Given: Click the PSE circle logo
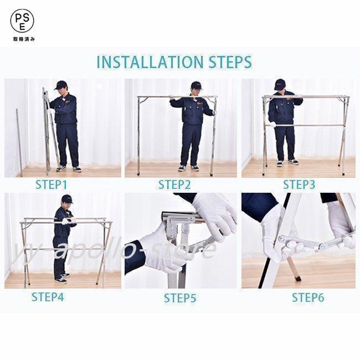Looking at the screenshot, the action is [x=22, y=20].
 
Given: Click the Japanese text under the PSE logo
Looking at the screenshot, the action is [x=24, y=39].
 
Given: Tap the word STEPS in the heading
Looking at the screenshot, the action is [x=230, y=62].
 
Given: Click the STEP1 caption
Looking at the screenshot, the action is [x=51, y=185].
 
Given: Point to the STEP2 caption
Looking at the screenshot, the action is [x=174, y=185].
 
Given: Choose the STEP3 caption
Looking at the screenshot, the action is [x=299, y=185].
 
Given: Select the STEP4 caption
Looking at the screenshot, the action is [x=48, y=297].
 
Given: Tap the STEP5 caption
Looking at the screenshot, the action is [x=180, y=298].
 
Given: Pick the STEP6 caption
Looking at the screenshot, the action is [x=308, y=297].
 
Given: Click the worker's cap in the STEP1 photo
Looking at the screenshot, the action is [x=60, y=85].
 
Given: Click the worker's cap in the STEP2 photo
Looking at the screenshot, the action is [x=197, y=85].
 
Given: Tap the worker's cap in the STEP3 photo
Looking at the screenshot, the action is [x=280, y=84].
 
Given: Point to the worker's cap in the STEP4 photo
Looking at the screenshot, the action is [x=67, y=199].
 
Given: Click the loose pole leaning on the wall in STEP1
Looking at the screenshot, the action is [x=19, y=142].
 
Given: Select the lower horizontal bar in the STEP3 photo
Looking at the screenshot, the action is [x=305, y=126].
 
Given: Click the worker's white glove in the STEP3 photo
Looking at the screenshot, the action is [x=272, y=125].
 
